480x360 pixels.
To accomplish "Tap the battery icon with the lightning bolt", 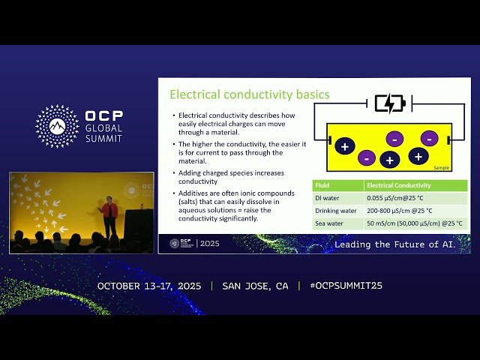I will point(389,103).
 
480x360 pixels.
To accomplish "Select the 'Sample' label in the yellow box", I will point(441,168).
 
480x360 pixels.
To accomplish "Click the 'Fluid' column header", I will point(322,185).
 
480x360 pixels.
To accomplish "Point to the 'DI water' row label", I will point(328,198).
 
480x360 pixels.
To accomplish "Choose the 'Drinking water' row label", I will point(335,211).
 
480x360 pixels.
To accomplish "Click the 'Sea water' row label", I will point(330,223).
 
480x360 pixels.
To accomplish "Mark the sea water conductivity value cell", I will point(415,223).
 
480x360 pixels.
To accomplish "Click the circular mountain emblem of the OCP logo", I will point(57,126).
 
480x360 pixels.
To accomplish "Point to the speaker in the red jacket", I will point(109,215).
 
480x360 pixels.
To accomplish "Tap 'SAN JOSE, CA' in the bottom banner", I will point(255,286).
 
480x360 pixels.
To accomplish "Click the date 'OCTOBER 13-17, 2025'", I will point(151,286).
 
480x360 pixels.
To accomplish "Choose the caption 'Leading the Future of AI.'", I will point(394,244).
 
